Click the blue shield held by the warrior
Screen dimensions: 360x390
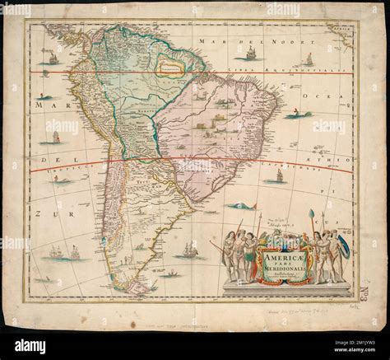[343, 247]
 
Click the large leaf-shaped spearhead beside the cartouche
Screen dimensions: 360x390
[311, 216]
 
